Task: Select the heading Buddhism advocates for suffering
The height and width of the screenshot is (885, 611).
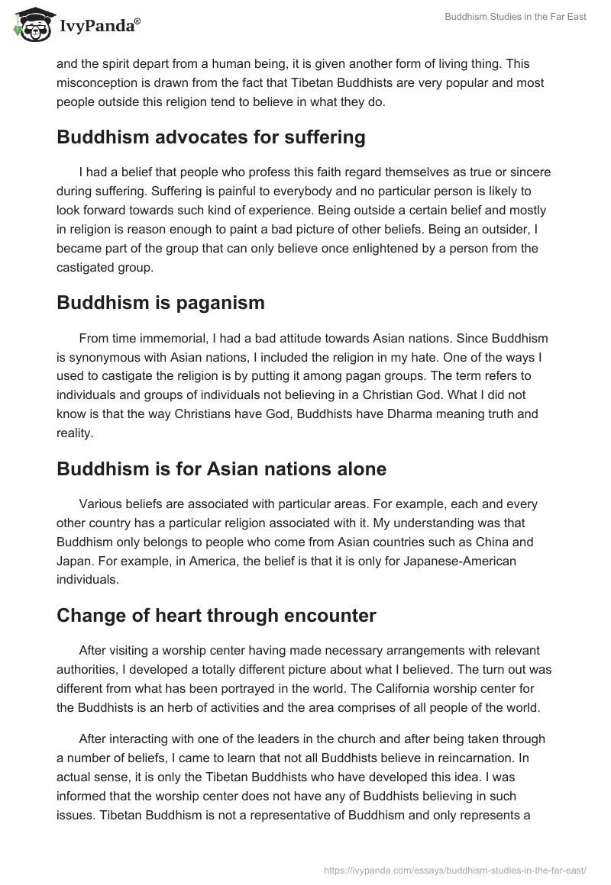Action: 211,137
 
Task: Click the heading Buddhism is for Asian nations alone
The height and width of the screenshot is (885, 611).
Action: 221,468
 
